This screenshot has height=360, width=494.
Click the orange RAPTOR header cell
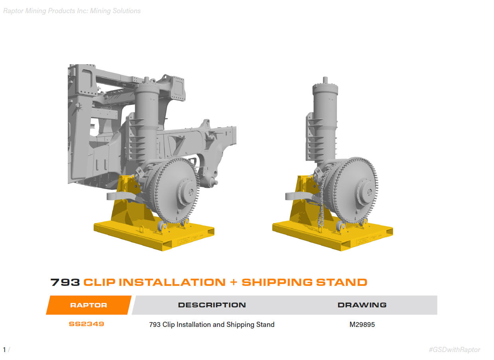89,305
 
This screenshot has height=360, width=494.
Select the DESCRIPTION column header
212,305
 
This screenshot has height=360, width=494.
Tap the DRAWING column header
362,305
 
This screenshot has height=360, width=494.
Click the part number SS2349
87,324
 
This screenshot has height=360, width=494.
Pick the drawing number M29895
362,325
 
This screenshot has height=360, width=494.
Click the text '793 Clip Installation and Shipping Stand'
212,325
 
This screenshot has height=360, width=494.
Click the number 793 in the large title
65,282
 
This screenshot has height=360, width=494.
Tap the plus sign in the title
234,282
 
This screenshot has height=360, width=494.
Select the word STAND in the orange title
342,282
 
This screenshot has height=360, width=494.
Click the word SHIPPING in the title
277,282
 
